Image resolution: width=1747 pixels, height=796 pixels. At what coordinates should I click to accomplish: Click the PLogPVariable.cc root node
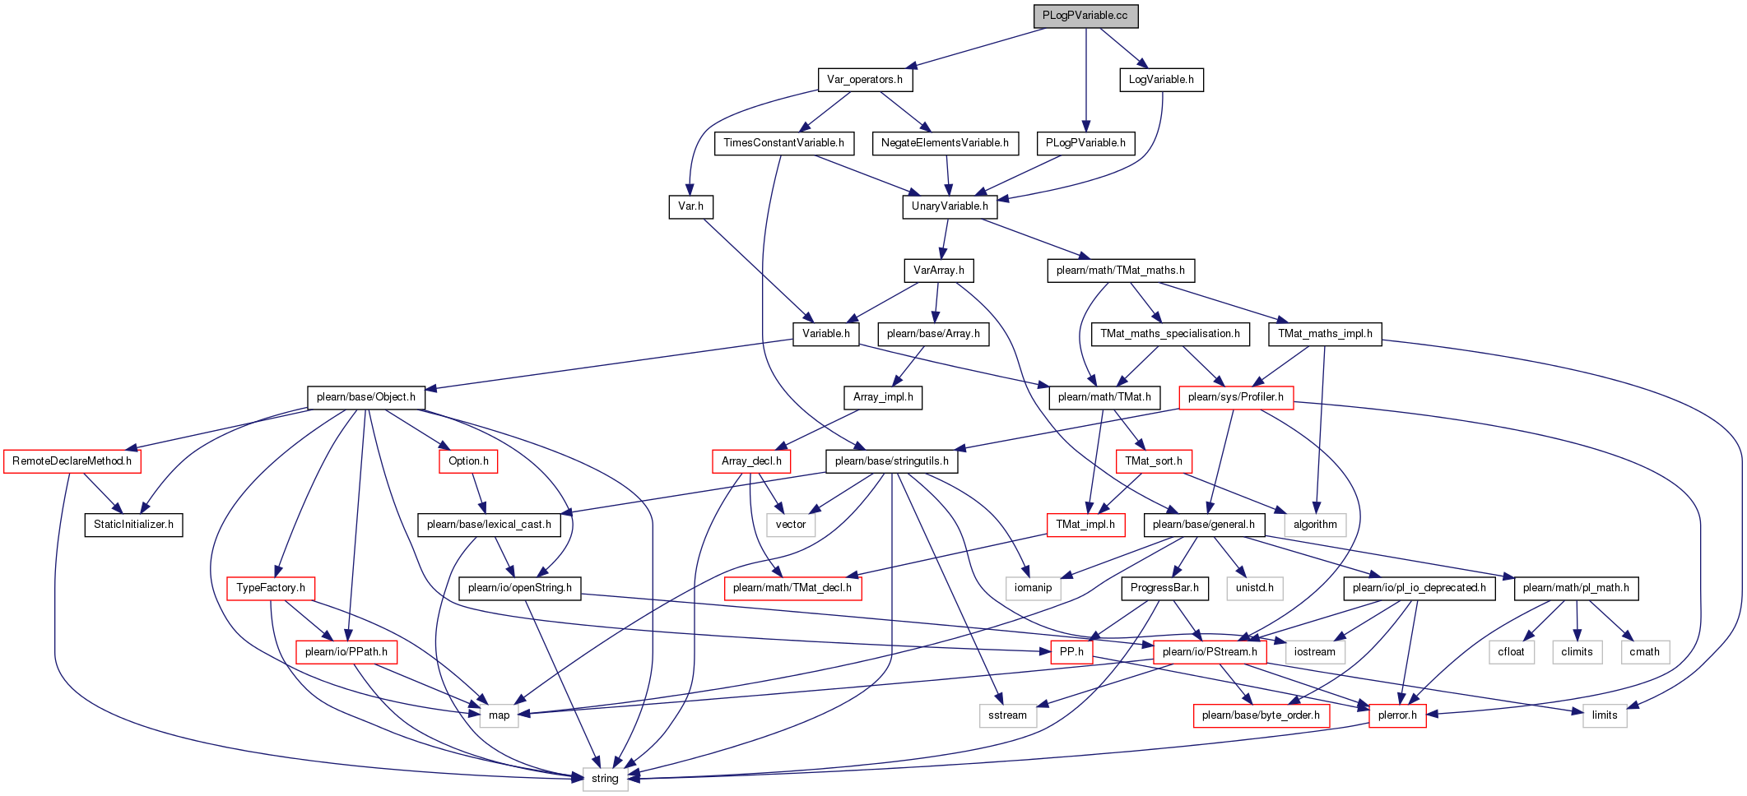pos(1085,16)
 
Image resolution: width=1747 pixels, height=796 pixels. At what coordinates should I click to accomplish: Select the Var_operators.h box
pos(865,80)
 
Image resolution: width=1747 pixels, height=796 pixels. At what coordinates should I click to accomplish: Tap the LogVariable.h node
pos(1161,80)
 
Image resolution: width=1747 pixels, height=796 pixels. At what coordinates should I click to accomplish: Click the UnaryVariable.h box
pos(950,206)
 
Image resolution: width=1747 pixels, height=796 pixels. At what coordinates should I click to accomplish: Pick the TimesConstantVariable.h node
pos(784,143)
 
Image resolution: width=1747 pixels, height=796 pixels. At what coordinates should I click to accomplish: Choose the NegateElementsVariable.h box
pos(945,143)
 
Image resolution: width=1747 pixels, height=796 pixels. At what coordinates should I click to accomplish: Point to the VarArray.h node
pos(939,270)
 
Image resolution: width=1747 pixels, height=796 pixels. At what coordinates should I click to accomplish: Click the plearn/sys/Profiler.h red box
pos(1236,397)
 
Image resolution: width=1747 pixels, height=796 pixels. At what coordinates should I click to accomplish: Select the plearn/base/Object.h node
pos(366,397)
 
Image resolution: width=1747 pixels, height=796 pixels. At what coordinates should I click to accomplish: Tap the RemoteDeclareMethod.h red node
pos(72,461)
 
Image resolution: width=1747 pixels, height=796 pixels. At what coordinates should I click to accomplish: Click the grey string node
pos(605,779)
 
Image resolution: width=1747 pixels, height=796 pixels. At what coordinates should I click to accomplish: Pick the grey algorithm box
pos(1315,525)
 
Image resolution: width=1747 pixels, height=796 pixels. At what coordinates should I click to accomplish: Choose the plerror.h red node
pos(1397,715)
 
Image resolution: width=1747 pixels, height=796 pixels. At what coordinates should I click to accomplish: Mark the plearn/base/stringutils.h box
pos(892,461)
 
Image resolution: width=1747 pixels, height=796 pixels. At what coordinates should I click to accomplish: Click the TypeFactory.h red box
pos(271,588)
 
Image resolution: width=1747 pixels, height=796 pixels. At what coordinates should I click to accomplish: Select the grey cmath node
pos(1644,652)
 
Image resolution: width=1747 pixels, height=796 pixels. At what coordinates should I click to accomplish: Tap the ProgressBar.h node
pos(1164,588)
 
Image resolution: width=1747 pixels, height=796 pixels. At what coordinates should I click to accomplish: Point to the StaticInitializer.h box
pos(133,525)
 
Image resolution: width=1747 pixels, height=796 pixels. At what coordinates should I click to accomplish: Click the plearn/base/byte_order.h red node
pos(1261,715)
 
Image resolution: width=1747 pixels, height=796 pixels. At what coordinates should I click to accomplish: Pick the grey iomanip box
pos(1033,588)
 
